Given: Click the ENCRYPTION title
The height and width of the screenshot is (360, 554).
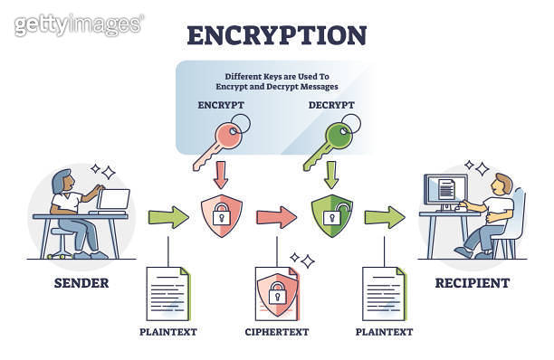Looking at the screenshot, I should pos(276,34).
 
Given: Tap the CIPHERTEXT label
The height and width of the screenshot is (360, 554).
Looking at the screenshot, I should pos(276,332).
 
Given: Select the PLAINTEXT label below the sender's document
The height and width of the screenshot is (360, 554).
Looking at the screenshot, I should pos(167,332).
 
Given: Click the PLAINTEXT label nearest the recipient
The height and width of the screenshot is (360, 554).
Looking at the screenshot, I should pos(385,332).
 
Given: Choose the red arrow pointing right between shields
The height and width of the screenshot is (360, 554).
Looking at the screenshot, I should pos(275,217).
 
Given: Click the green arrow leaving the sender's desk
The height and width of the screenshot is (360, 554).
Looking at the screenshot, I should pos(166,217).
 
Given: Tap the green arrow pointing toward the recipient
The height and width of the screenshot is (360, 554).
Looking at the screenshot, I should pos(384,217).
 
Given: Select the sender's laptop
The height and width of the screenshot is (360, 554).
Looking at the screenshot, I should pos(114,201).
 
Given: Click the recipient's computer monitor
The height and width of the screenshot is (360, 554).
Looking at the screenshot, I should pos(447,189).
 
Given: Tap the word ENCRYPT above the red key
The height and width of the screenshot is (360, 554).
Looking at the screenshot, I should pos(221,105).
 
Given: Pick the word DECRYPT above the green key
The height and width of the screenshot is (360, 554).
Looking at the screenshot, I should pos(331,105).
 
